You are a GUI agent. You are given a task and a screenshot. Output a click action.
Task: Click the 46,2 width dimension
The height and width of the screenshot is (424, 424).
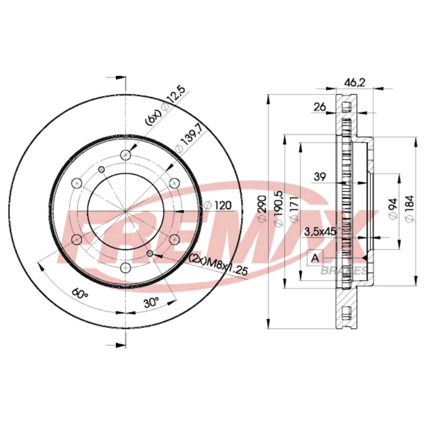(355, 83)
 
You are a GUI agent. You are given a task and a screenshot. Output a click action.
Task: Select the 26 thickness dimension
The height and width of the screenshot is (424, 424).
(320, 107)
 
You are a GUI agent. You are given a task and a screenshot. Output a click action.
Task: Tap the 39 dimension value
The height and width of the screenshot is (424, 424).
(320, 177)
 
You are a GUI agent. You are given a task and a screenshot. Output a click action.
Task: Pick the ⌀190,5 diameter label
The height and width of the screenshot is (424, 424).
(279, 208)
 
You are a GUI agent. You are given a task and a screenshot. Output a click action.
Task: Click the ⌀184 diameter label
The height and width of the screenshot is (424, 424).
(410, 209)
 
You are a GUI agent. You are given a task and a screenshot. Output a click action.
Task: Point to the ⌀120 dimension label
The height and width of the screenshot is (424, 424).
(218, 205)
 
